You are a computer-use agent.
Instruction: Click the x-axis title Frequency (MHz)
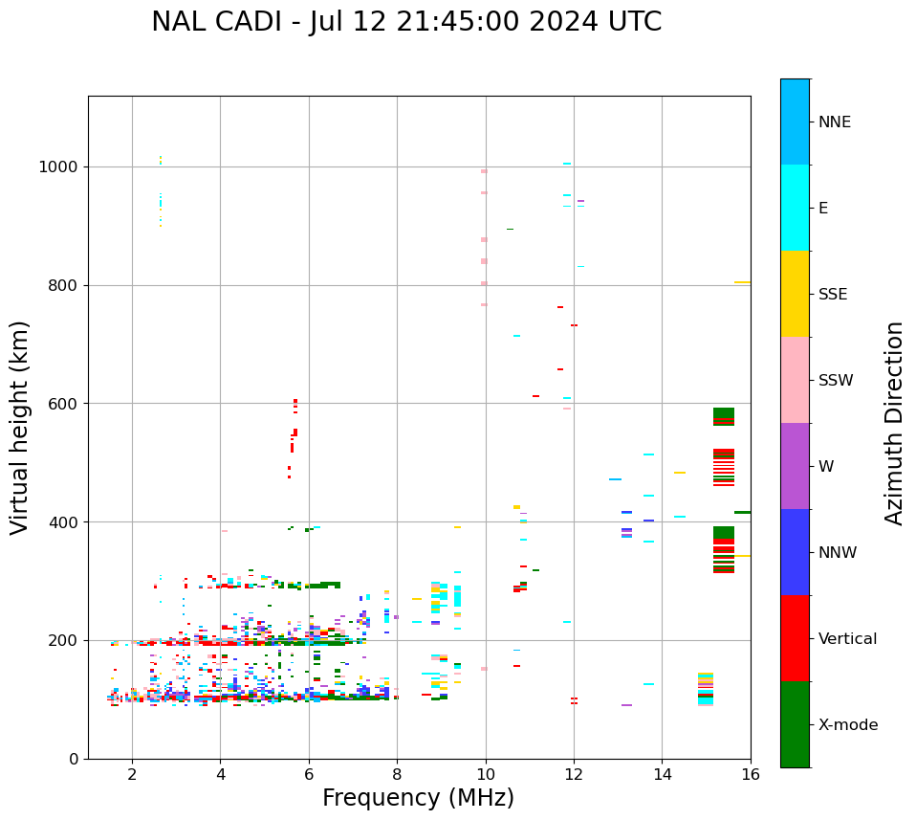418,798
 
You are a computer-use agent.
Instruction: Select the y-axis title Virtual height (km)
20,427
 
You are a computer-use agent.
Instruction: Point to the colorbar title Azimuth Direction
894,423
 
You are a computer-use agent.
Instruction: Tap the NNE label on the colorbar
834,122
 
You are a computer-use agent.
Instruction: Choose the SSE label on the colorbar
832,295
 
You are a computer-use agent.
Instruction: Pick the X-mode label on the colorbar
847,725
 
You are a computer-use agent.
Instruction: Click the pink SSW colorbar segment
795,380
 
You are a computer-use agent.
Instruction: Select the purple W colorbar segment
795,466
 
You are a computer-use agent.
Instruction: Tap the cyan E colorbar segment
795,208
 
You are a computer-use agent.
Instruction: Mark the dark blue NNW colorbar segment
795,552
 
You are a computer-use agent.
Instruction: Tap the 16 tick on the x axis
751,774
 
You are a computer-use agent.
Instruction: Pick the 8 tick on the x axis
397,774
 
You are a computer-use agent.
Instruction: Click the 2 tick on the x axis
132,774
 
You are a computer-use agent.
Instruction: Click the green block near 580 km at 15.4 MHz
724,413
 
